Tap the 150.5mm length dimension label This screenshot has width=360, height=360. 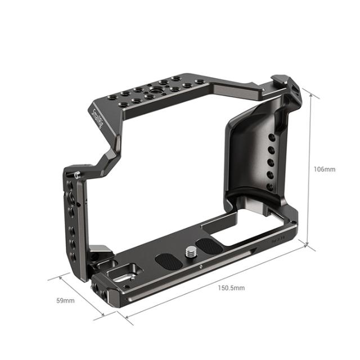232,287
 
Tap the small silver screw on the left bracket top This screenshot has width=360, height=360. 76,174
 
